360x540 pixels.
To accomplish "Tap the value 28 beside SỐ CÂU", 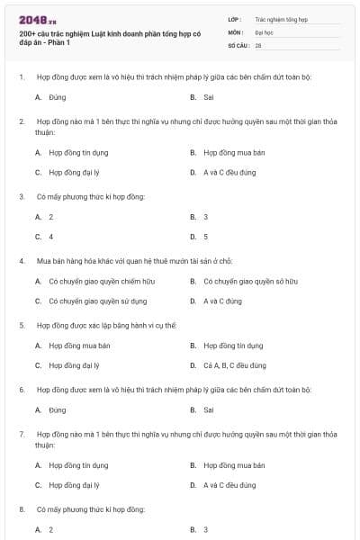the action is [x=258, y=44].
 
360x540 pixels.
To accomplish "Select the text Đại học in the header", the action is [x=264, y=31].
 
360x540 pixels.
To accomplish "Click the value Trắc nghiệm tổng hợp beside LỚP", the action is [x=280, y=19].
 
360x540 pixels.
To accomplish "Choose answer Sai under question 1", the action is [x=208, y=96].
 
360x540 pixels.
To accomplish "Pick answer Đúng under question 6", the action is [x=58, y=409].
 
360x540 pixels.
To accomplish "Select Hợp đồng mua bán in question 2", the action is [x=234, y=152].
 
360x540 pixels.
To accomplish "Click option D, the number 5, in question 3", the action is [x=205, y=237].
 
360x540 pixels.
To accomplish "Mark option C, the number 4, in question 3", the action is [x=50, y=237].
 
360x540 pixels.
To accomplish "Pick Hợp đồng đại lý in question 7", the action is [x=74, y=485].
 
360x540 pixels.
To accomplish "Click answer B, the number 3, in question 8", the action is [x=205, y=529].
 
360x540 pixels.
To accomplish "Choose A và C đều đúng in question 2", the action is [x=229, y=172].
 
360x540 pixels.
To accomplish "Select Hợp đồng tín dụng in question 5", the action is [x=233, y=345].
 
